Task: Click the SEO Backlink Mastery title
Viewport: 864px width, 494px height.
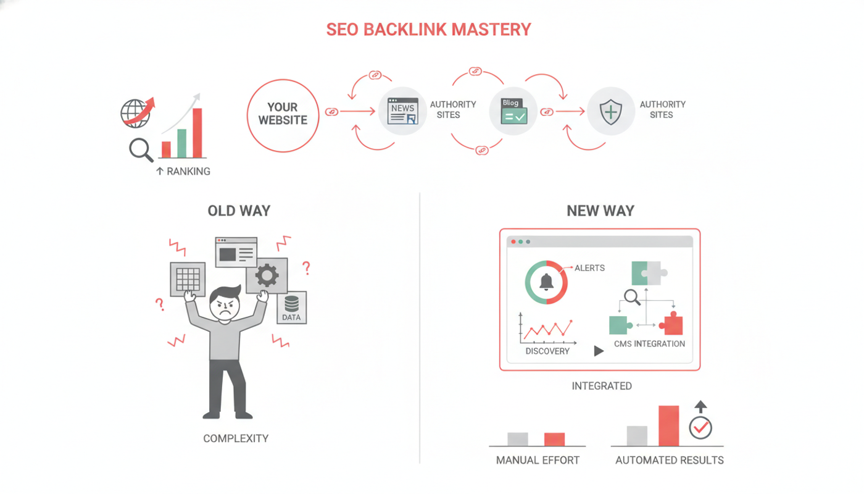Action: click(428, 30)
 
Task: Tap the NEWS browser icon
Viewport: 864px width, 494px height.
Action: click(402, 111)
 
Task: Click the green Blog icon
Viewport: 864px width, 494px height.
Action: click(513, 111)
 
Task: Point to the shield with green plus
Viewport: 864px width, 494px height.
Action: click(611, 112)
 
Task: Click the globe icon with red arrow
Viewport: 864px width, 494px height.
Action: click(137, 112)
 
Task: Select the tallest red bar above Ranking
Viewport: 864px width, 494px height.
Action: click(197, 133)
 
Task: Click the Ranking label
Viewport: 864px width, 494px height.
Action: click(183, 172)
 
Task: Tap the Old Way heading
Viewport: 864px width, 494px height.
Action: click(239, 211)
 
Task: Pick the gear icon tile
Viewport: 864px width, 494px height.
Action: click(267, 275)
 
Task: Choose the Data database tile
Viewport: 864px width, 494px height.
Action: click(291, 308)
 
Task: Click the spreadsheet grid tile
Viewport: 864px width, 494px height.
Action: click(188, 279)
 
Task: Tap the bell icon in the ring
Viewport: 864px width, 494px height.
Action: click(546, 282)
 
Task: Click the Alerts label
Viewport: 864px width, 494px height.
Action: click(589, 268)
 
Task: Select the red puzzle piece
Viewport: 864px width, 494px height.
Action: click(671, 323)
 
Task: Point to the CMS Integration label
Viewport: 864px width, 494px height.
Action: click(649, 344)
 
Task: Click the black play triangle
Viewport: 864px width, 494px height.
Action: click(598, 351)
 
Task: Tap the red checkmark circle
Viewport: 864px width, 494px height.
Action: click(700, 427)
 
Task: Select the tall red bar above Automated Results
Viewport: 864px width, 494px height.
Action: click(669, 425)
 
